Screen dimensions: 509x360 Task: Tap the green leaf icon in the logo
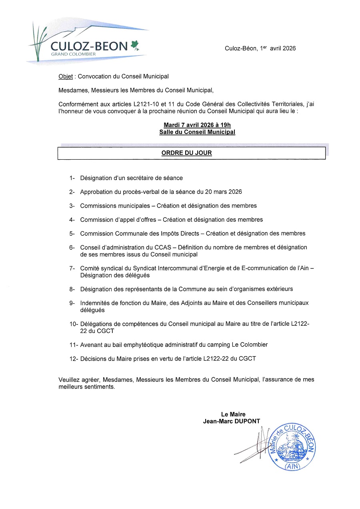coord(135,46)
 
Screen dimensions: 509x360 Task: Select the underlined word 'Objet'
coord(66,76)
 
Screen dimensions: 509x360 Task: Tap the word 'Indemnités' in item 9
coord(94,303)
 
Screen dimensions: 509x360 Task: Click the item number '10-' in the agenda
coord(74,324)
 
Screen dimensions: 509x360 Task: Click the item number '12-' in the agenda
coord(74,359)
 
